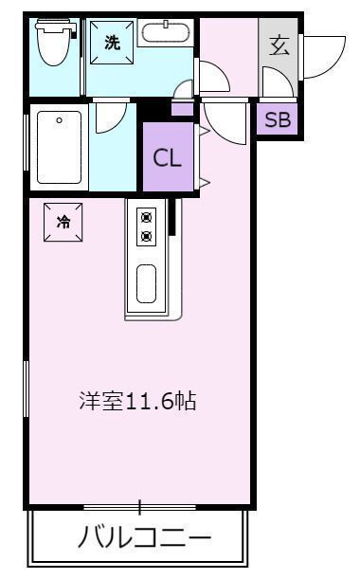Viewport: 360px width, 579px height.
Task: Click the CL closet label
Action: pyautogui.click(x=168, y=158)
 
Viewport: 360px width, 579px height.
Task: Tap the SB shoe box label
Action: pyautogui.click(x=278, y=119)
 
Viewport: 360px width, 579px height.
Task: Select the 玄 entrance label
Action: pyautogui.click(x=279, y=45)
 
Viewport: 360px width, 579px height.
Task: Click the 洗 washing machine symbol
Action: pyautogui.click(x=113, y=43)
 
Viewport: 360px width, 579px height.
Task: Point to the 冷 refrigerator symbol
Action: pyautogui.click(x=63, y=224)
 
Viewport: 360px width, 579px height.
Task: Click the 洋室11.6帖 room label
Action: pyautogui.click(x=137, y=401)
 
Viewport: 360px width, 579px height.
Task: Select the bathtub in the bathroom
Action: pyautogui.click(x=59, y=148)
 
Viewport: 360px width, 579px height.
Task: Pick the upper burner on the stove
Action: pyautogui.click(x=147, y=215)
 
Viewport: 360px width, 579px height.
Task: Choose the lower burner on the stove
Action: pyautogui.click(x=147, y=234)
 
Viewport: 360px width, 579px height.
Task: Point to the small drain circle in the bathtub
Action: pyautogui.click(x=60, y=119)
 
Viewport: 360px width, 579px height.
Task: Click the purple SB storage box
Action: pyautogui.click(x=278, y=119)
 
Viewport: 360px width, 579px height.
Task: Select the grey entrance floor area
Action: pyautogui.click(x=279, y=57)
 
